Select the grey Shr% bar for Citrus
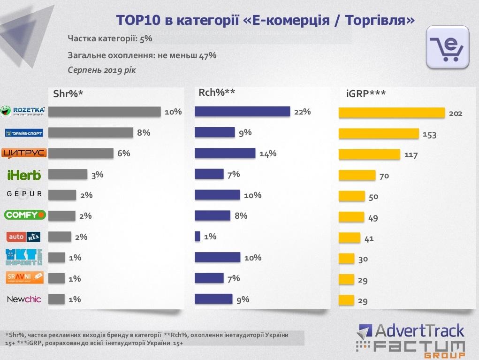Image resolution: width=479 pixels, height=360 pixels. [x=81, y=153]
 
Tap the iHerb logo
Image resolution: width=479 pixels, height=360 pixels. [x=24, y=175]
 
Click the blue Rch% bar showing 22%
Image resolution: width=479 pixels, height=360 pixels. [x=242, y=112]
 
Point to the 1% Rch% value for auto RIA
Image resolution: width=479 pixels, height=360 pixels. [x=210, y=237]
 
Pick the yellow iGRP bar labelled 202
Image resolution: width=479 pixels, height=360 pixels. [x=392, y=113]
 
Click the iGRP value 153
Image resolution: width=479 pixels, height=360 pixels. [x=429, y=135]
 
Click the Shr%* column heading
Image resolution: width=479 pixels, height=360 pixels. [x=68, y=93]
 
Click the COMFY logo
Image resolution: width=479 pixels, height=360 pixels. [x=24, y=215]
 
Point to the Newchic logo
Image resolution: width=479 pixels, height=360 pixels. [x=24, y=299]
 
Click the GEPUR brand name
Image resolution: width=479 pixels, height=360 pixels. [x=24, y=194]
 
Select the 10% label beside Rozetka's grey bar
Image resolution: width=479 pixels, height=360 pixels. [x=173, y=112]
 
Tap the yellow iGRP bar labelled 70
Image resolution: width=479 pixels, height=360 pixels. [x=357, y=176]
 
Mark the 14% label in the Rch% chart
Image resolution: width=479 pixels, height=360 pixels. [x=268, y=153]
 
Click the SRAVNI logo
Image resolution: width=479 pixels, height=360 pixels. [x=25, y=277]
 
